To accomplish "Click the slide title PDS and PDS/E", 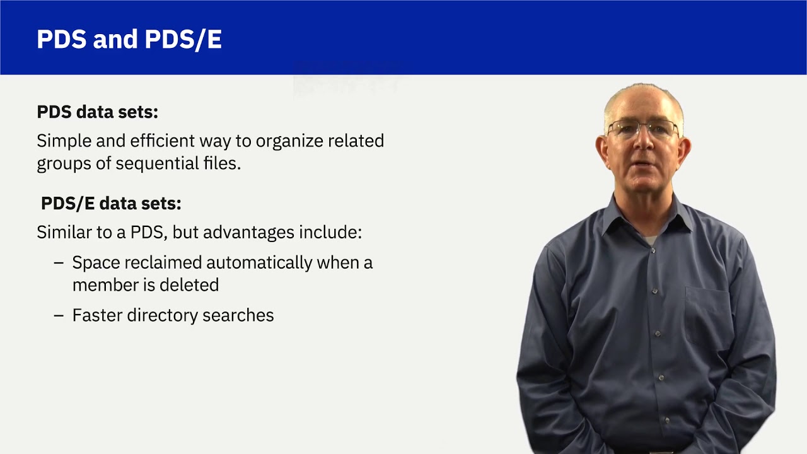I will [129, 40].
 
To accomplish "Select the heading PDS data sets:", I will [97, 112].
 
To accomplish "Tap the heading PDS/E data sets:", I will [111, 204].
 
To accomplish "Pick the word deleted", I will [189, 285].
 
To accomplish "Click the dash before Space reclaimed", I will [59, 263].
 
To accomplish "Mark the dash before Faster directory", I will [59, 316].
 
